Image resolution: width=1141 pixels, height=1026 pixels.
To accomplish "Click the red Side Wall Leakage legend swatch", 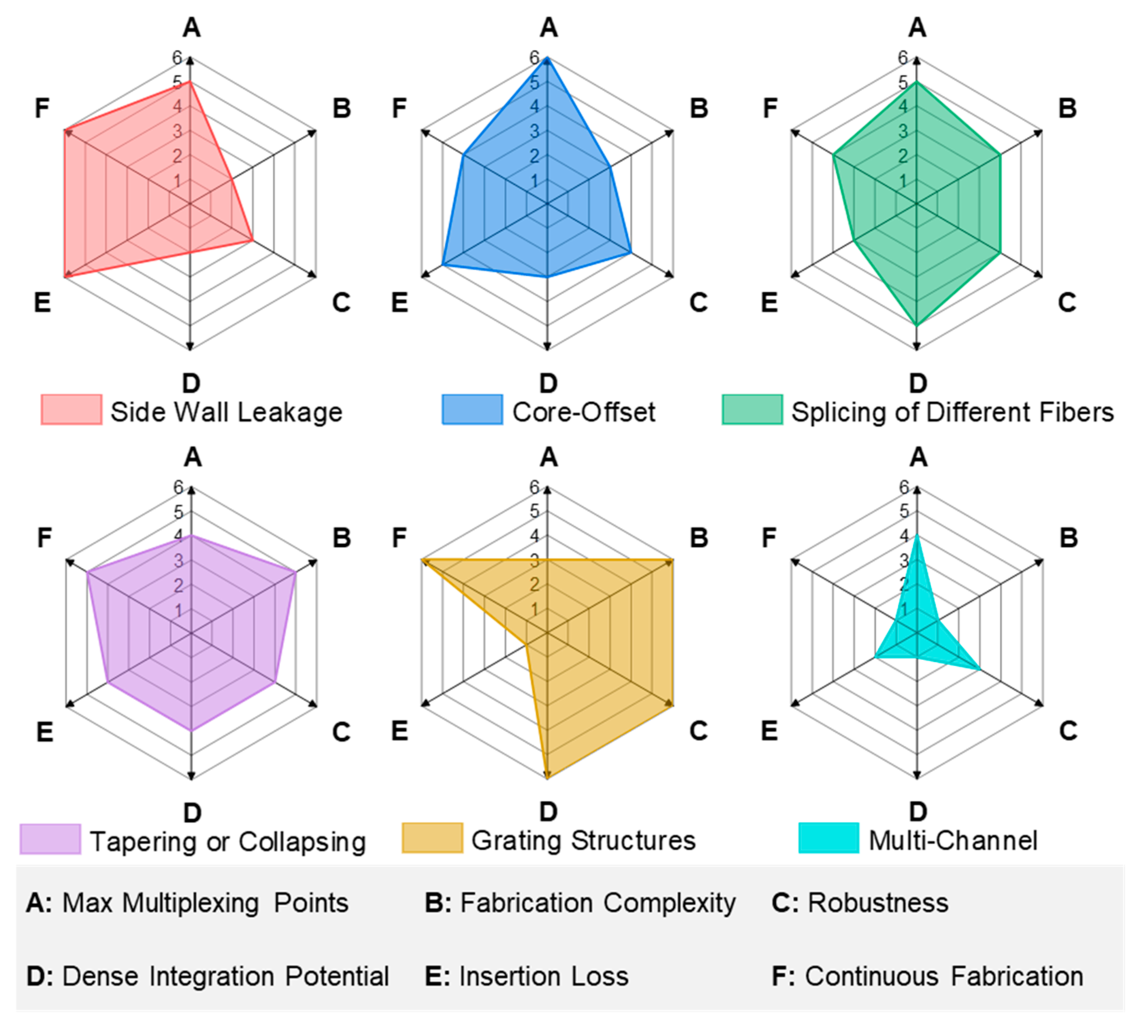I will [x=72, y=410].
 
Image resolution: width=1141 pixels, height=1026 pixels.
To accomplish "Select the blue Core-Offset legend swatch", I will [x=472, y=410].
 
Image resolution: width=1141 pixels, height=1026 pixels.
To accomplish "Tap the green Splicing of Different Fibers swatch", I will [x=752, y=410].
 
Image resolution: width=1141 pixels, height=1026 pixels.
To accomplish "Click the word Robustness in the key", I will [x=878, y=903].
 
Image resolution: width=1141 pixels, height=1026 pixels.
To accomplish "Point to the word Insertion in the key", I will [x=504, y=976].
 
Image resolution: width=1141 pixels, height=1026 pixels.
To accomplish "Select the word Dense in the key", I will [x=100, y=976].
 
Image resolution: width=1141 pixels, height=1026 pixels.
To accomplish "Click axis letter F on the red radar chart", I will [x=42, y=108].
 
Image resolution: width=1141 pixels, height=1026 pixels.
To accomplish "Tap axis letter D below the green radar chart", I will [x=918, y=384].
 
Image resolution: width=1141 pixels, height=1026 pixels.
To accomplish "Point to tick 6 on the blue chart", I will [x=534, y=57].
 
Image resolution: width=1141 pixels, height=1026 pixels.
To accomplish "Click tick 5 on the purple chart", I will [x=179, y=512].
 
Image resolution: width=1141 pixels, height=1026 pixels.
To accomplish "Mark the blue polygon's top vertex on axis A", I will [x=547, y=58].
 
